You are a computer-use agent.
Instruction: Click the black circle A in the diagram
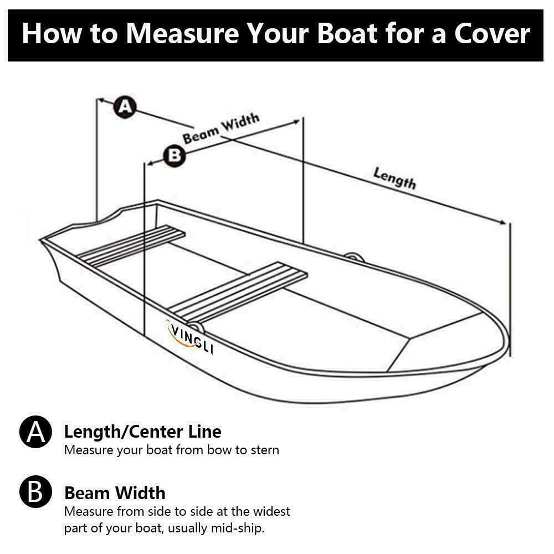click(x=125, y=106)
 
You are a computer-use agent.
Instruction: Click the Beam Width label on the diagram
click(x=221, y=129)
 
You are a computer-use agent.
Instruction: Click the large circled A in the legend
click(x=35, y=433)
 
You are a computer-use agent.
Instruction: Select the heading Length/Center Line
click(x=142, y=432)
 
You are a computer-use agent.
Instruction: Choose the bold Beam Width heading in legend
click(x=115, y=493)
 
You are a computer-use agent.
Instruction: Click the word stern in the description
click(x=264, y=449)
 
